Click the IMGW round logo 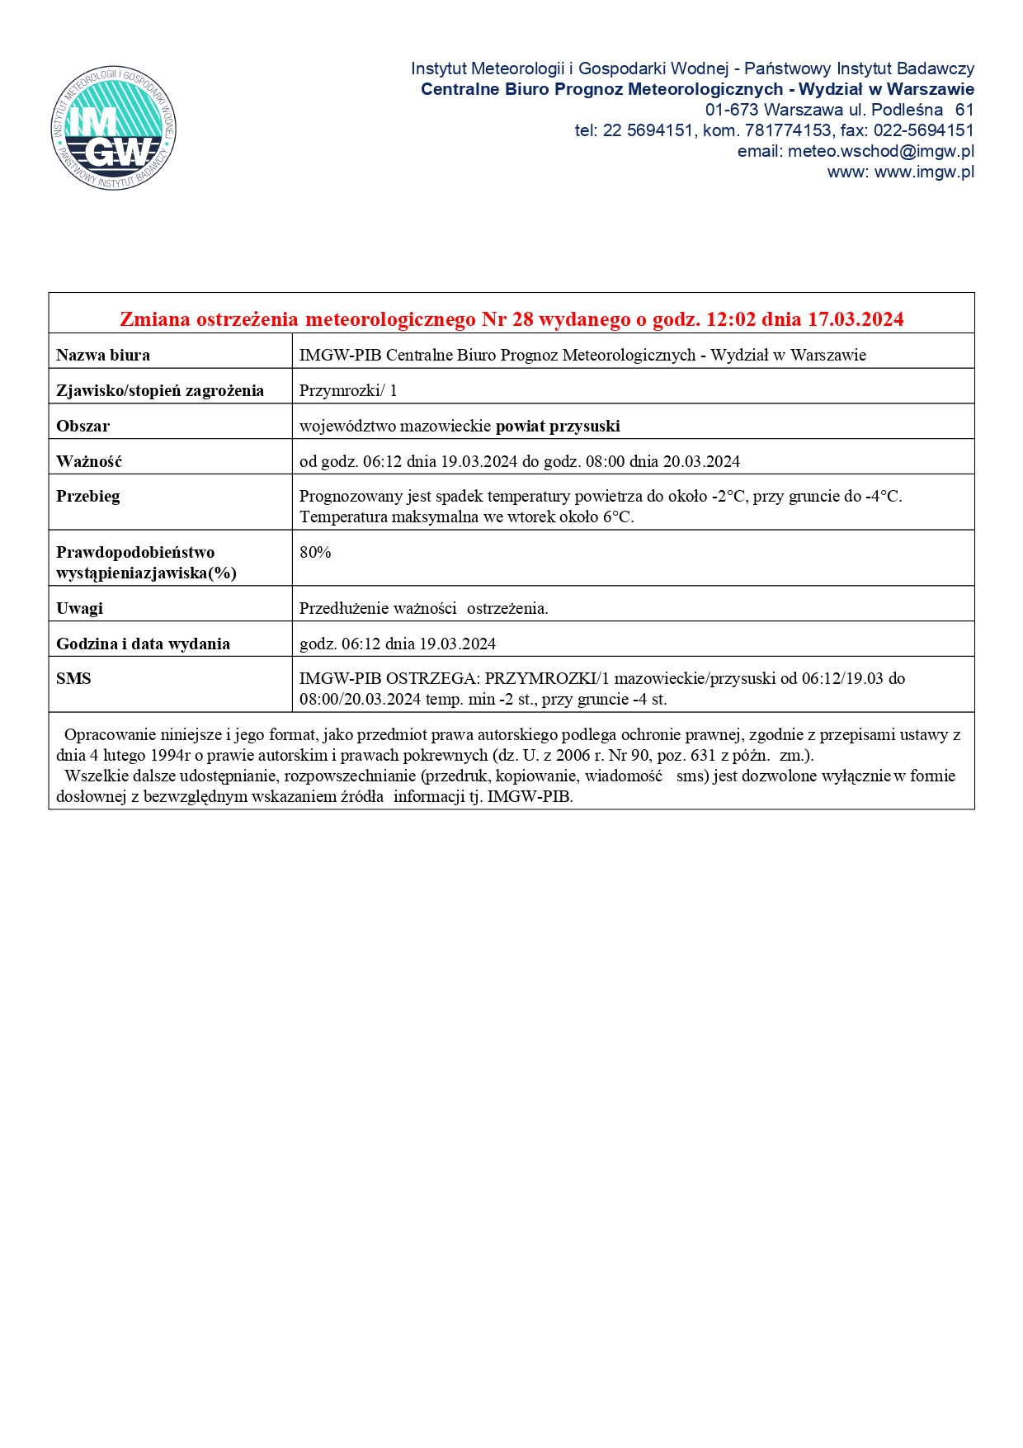click(113, 128)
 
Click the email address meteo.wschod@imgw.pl click(881, 151)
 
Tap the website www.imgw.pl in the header click(924, 172)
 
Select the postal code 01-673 click(732, 110)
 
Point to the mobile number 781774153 click(788, 130)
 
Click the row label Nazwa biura click(103, 356)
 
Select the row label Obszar click(82, 427)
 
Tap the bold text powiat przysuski click(558, 427)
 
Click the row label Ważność click(89, 462)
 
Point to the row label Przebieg click(88, 497)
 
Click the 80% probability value click(315, 553)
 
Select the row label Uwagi click(79, 609)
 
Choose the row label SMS click(73, 679)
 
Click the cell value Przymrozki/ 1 click(348, 391)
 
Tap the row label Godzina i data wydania click(143, 644)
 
